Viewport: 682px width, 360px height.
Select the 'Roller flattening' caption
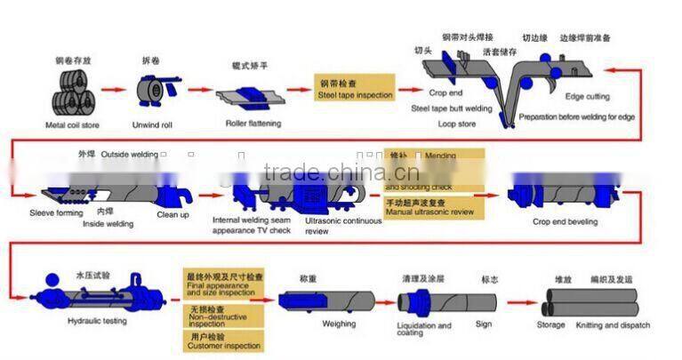click(253, 124)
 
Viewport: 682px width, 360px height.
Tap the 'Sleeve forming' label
click(55, 213)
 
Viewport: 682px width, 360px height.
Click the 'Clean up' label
click(173, 214)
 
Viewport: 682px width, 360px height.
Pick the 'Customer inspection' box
click(223, 341)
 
